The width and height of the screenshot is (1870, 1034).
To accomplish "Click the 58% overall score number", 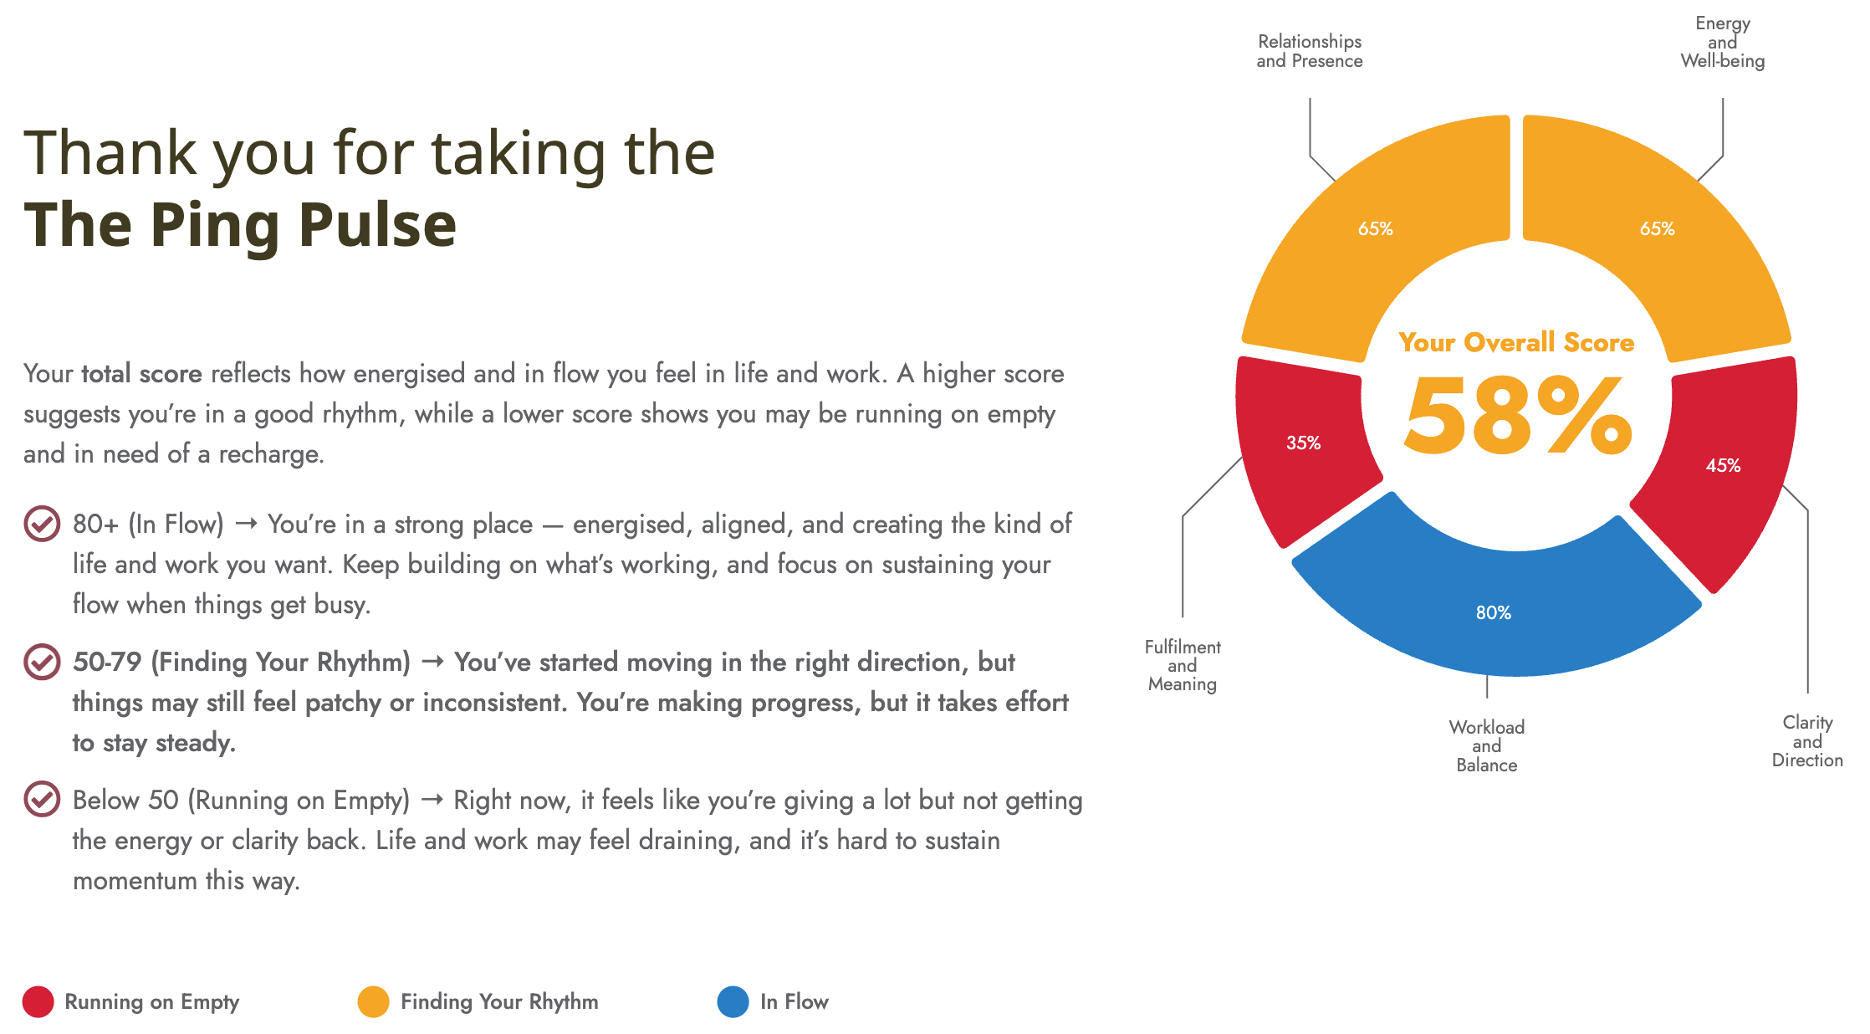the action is click(1518, 416).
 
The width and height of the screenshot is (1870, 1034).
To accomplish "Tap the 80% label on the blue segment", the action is click(1494, 612).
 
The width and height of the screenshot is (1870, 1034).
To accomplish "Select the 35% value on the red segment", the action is click(1304, 443).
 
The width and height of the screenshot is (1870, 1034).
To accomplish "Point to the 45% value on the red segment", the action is click(1724, 465).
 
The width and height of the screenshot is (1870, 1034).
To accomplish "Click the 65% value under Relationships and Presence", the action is click(1376, 228).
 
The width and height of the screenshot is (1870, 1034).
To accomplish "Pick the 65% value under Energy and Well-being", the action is click(1658, 228).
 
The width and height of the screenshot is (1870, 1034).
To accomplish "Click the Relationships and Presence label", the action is click(1310, 51).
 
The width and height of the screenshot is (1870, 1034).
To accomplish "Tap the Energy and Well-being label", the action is click(1723, 42).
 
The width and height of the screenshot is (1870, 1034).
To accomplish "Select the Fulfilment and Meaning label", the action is click(1183, 665).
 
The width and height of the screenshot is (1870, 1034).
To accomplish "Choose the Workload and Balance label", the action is click(1487, 745).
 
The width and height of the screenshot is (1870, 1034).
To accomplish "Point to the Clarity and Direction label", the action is click(1807, 741).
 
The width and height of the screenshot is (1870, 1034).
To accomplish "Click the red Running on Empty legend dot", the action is click(38, 1001).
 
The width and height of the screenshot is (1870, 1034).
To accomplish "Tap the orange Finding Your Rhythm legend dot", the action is click(373, 1001).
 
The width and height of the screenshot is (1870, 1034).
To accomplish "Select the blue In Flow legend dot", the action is click(733, 1001).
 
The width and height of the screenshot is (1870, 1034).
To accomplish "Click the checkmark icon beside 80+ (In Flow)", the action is click(42, 524).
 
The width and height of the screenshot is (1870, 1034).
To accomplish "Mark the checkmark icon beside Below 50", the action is click(42, 799).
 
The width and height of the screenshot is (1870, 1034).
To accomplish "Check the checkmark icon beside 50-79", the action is click(42, 662).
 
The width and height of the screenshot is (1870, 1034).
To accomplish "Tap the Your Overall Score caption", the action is click(1516, 342).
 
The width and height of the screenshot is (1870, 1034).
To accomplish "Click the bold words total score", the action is click(141, 373).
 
